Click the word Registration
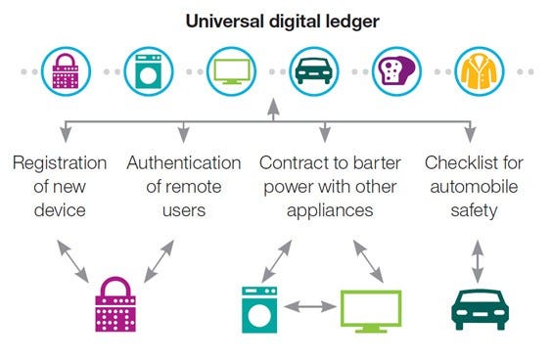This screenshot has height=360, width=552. [x=60, y=162]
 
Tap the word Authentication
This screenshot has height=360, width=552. [x=183, y=162]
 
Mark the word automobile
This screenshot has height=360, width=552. [x=473, y=186]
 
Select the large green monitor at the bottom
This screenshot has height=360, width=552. [x=370, y=310]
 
